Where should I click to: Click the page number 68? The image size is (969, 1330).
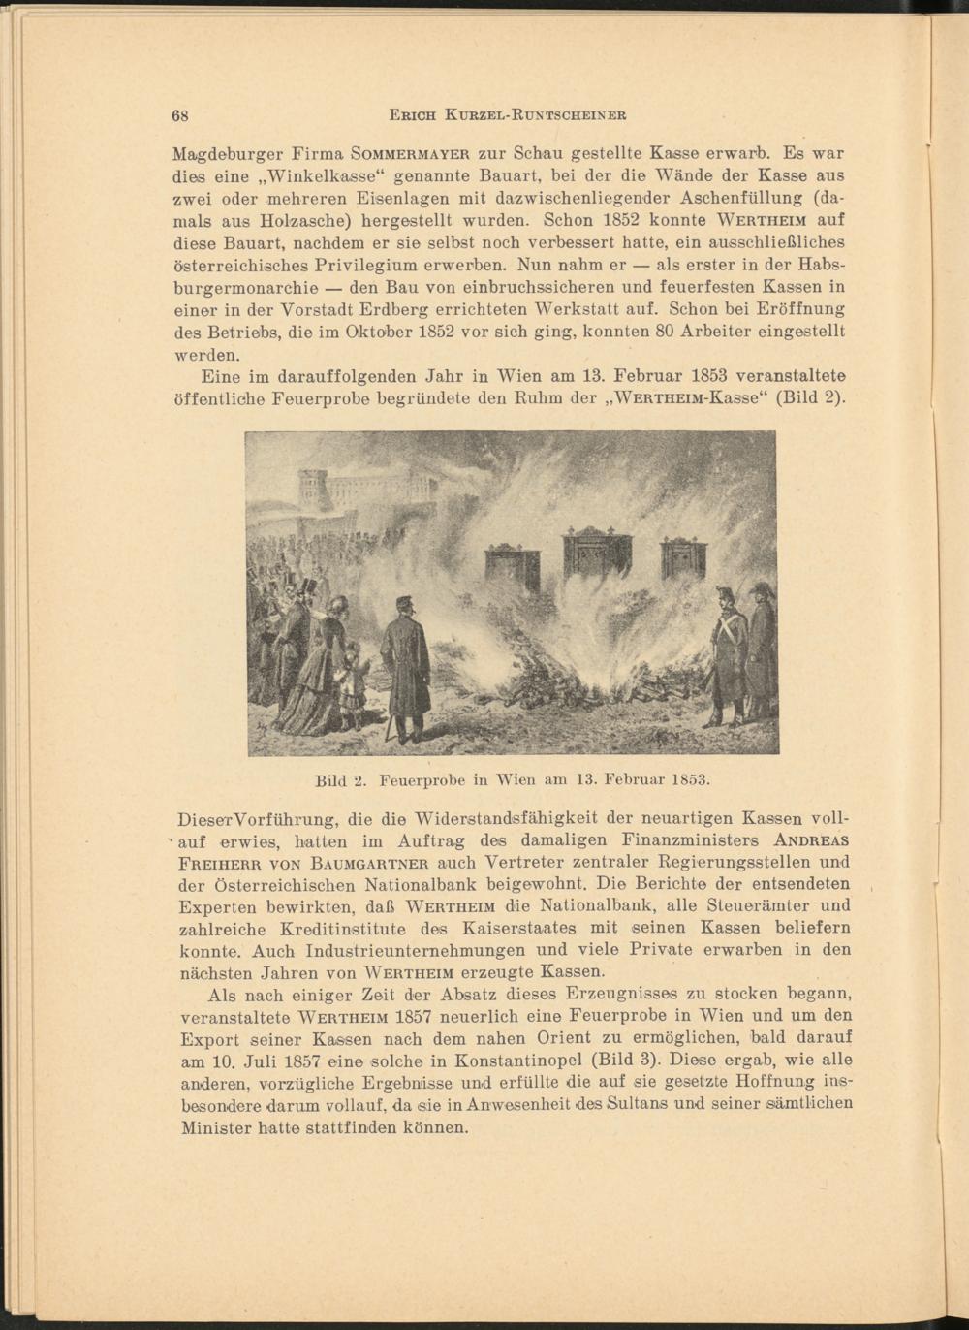coord(179,114)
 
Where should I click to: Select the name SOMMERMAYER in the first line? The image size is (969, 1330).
coord(411,153)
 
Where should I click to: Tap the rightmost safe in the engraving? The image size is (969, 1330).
coord(683,559)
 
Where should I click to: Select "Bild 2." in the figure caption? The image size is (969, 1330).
coord(339,778)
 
